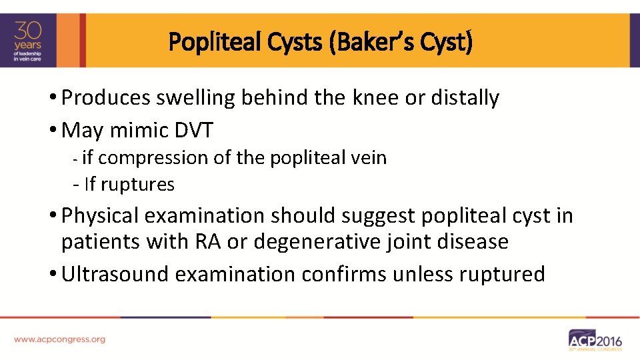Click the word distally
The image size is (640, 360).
[x=464, y=98]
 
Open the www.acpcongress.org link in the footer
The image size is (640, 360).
[x=59, y=339]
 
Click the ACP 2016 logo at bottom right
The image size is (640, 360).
[x=595, y=339]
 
